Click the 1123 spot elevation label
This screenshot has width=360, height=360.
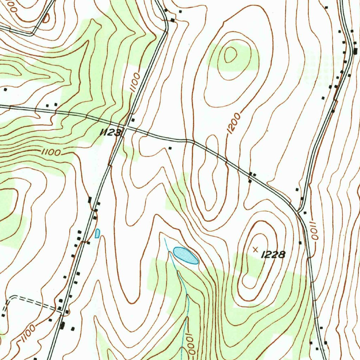tap(111, 133)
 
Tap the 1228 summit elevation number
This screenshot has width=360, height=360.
tap(273, 255)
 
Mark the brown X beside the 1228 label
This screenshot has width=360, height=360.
tap(256, 249)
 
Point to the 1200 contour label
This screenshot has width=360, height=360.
tap(234, 123)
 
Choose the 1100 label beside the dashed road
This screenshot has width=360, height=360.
tap(27, 333)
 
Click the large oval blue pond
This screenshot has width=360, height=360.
tap(186, 255)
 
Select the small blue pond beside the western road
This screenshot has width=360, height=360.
tap(97, 233)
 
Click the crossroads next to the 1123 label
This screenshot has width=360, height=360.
tap(124, 128)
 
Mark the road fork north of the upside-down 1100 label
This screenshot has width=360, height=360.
tap(298, 211)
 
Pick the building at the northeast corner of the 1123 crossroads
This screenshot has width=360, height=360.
tap(133, 120)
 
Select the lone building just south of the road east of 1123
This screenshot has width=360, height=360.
tap(170, 148)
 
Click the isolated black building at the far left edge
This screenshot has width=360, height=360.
tap(5, 90)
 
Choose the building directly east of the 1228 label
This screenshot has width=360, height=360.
tap(300, 243)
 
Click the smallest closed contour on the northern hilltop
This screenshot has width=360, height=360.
tap(231, 54)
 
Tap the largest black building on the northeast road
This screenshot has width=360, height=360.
tap(355, 51)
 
